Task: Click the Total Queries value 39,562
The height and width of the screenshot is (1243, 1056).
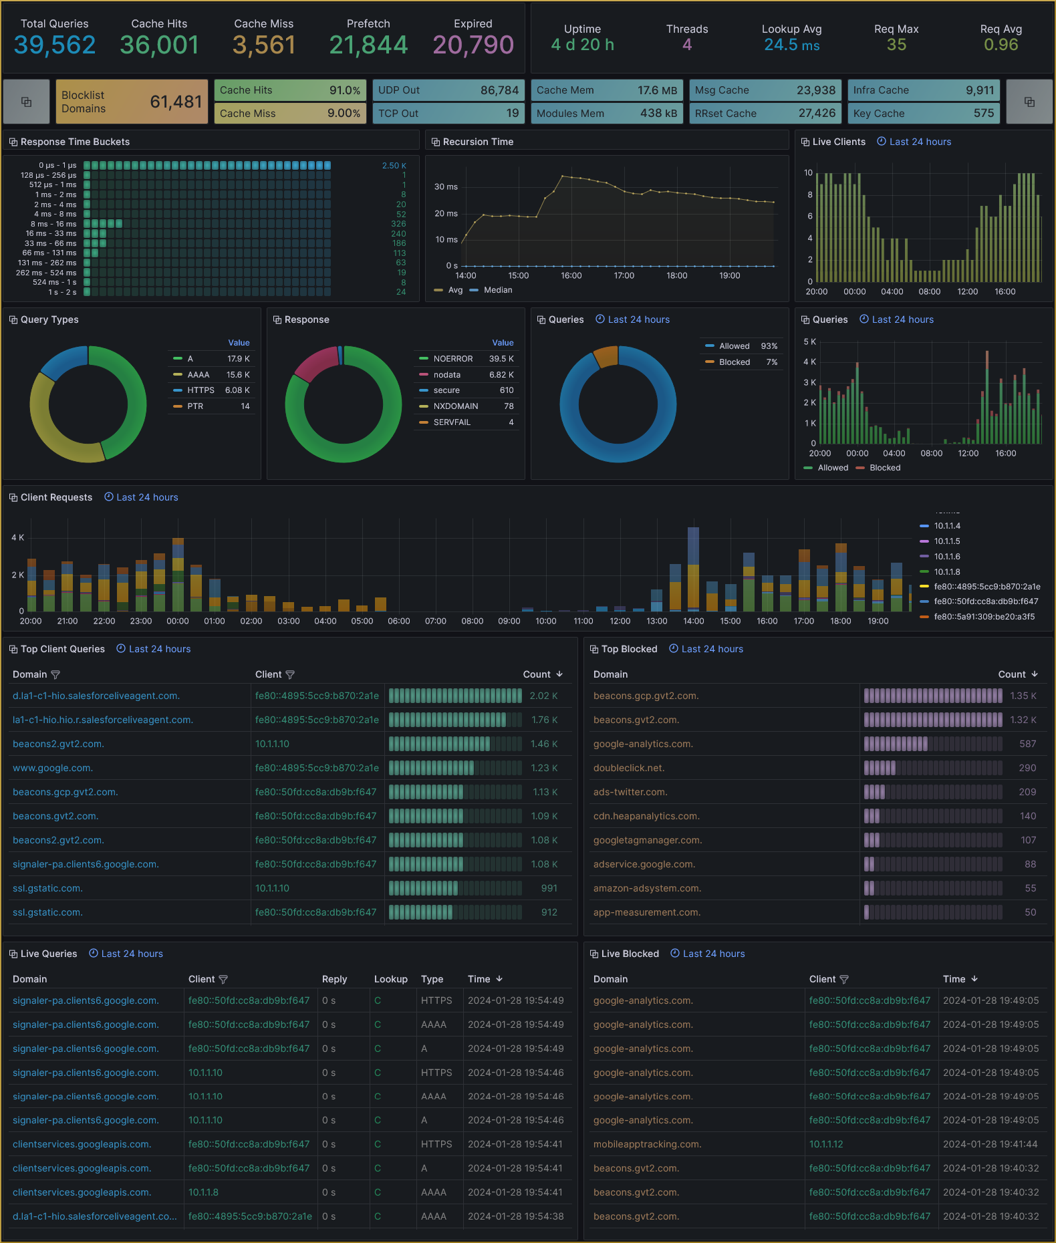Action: (x=55, y=45)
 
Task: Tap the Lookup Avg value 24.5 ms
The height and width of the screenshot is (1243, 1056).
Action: (x=791, y=45)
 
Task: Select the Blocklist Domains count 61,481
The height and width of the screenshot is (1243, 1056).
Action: (x=176, y=102)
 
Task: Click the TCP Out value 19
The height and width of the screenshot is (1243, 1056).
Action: (x=512, y=114)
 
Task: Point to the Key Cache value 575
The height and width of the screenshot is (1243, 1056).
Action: (x=983, y=114)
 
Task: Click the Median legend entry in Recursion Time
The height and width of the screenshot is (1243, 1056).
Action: (x=497, y=290)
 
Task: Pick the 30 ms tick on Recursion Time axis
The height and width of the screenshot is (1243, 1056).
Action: (x=446, y=187)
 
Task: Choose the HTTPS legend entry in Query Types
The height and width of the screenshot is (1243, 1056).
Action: (x=201, y=390)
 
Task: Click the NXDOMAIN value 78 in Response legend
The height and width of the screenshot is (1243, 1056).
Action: (x=509, y=406)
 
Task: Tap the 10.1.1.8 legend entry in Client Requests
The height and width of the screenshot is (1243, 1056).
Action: (x=946, y=572)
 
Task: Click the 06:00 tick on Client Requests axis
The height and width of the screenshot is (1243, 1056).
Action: (x=399, y=621)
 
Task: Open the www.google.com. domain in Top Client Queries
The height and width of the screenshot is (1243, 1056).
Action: (x=53, y=769)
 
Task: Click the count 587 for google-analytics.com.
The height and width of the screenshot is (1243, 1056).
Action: (x=1027, y=744)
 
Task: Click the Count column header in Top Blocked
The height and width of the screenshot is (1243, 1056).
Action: (x=1012, y=675)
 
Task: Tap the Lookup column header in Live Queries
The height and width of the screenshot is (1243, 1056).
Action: (x=391, y=980)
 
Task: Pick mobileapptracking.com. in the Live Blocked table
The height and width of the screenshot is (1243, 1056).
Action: (x=647, y=1145)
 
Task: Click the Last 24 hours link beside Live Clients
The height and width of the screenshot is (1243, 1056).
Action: (x=920, y=142)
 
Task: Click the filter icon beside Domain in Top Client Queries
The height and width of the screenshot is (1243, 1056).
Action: (x=55, y=675)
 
